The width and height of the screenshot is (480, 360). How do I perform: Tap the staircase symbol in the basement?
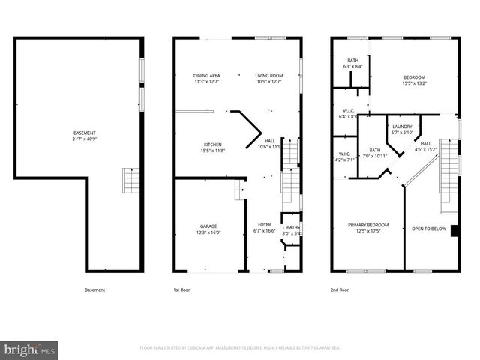pyautogui.click(x=130, y=181)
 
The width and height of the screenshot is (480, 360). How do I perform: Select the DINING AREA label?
pyautogui.click(x=206, y=75)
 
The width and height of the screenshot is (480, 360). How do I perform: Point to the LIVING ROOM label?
pyautogui.click(x=268, y=75)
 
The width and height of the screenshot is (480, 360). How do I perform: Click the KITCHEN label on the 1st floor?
pyautogui.click(x=214, y=144)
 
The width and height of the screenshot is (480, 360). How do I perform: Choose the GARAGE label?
pyautogui.click(x=208, y=226)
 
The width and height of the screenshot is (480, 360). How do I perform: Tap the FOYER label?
pyautogui.click(x=264, y=224)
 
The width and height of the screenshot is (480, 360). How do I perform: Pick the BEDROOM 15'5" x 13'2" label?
pyautogui.click(x=414, y=77)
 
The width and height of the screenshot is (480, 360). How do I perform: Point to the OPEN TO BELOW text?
pyautogui.click(x=428, y=228)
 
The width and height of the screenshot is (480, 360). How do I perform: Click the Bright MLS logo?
pyautogui.click(x=30, y=349)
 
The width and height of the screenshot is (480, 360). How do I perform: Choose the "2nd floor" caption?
pyautogui.click(x=340, y=289)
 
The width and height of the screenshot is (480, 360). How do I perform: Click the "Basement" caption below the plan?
pyautogui.click(x=94, y=289)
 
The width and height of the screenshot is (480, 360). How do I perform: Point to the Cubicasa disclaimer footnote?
pyautogui.click(x=240, y=348)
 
